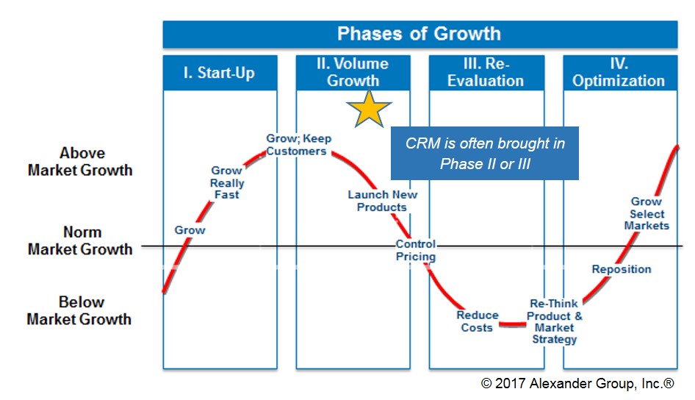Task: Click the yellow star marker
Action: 369,109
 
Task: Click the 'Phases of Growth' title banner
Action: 419,34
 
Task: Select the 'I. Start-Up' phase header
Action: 220,73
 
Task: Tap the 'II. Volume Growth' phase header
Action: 353,73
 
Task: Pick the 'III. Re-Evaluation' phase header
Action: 486,73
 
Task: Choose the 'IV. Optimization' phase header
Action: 620,73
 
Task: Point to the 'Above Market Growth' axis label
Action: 80,162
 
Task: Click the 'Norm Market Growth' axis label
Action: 80,240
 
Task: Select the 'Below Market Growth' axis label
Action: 79,310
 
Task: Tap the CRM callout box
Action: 484,154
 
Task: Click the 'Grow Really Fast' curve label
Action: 227,182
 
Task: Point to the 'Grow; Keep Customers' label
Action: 298,145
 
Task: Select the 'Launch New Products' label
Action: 382,201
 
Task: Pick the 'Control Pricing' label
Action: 416,250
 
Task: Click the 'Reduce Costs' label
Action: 478,321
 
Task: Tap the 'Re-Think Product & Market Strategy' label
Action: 555,321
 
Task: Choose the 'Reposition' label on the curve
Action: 622,269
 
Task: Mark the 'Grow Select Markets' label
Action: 647,214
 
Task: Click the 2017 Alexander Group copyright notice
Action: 577,383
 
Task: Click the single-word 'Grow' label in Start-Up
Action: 190,230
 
